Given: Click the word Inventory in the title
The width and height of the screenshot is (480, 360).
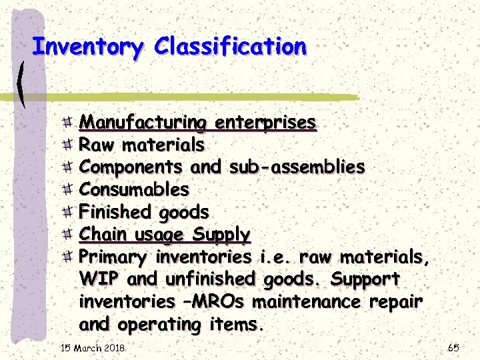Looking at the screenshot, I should coord(87,47).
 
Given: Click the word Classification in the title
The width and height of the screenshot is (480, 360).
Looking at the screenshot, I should coord(230,47).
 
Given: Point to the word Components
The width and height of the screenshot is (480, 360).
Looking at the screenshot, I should coord(131,167).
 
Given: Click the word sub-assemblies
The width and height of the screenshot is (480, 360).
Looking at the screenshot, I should coord(297,167).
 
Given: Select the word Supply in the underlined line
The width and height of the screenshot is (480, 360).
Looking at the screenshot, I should coord(221,235).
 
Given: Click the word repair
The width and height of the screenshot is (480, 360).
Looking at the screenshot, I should coord(395,302).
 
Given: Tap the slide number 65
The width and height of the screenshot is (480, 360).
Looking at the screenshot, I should coord(453,348).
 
